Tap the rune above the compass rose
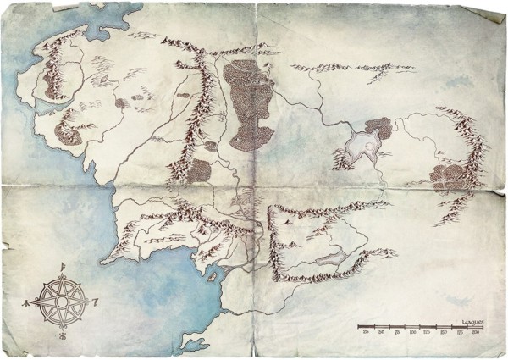(x=64, y=269)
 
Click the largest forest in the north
(x=251, y=102)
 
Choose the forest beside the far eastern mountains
(x=445, y=175)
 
